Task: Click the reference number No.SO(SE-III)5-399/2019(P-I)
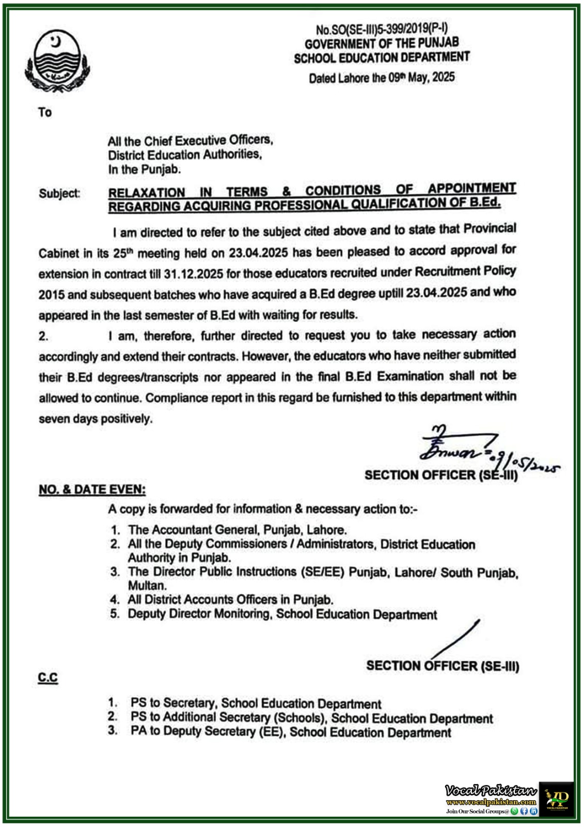[x=382, y=30]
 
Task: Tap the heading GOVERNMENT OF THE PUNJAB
[x=382, y=43]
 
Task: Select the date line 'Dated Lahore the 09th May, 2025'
[x=382, y=78]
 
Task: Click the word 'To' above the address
[x=45, y=112]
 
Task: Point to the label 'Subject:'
[x=59, y=194]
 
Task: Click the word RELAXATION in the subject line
[x=146, y=192]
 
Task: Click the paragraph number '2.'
[x=43, y=336]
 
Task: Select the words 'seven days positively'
[x=96, y=419]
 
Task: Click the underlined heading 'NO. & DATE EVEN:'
[x=92, y=489]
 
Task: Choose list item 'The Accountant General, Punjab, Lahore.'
[x=237, y=530]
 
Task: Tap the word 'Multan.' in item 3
[x=147, y=586]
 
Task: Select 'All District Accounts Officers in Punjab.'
[x=230, y=600]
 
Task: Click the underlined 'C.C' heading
[x=48, y=677]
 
